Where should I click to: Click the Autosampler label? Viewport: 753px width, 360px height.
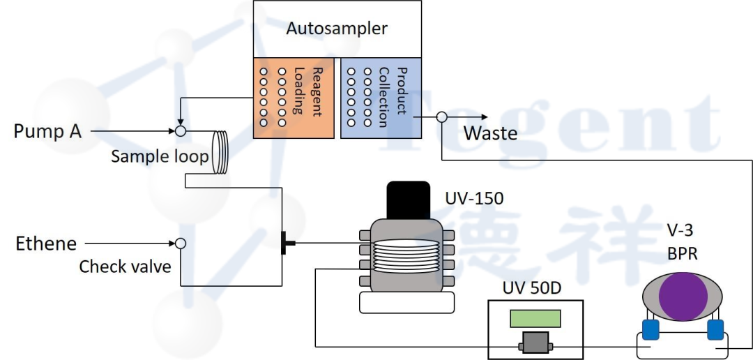337,29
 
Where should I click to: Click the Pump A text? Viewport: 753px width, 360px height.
47,131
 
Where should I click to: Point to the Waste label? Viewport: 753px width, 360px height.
491,133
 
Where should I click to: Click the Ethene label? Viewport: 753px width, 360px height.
46,243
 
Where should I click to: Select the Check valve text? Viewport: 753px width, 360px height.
125,267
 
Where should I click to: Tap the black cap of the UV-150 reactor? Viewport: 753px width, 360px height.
408,200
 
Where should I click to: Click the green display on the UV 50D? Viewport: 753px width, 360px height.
535,318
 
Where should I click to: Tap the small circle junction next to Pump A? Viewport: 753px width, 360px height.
180,130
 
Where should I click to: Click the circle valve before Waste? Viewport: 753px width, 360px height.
441,117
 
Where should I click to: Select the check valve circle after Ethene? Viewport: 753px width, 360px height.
180,243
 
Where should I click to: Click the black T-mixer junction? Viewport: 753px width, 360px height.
284,243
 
